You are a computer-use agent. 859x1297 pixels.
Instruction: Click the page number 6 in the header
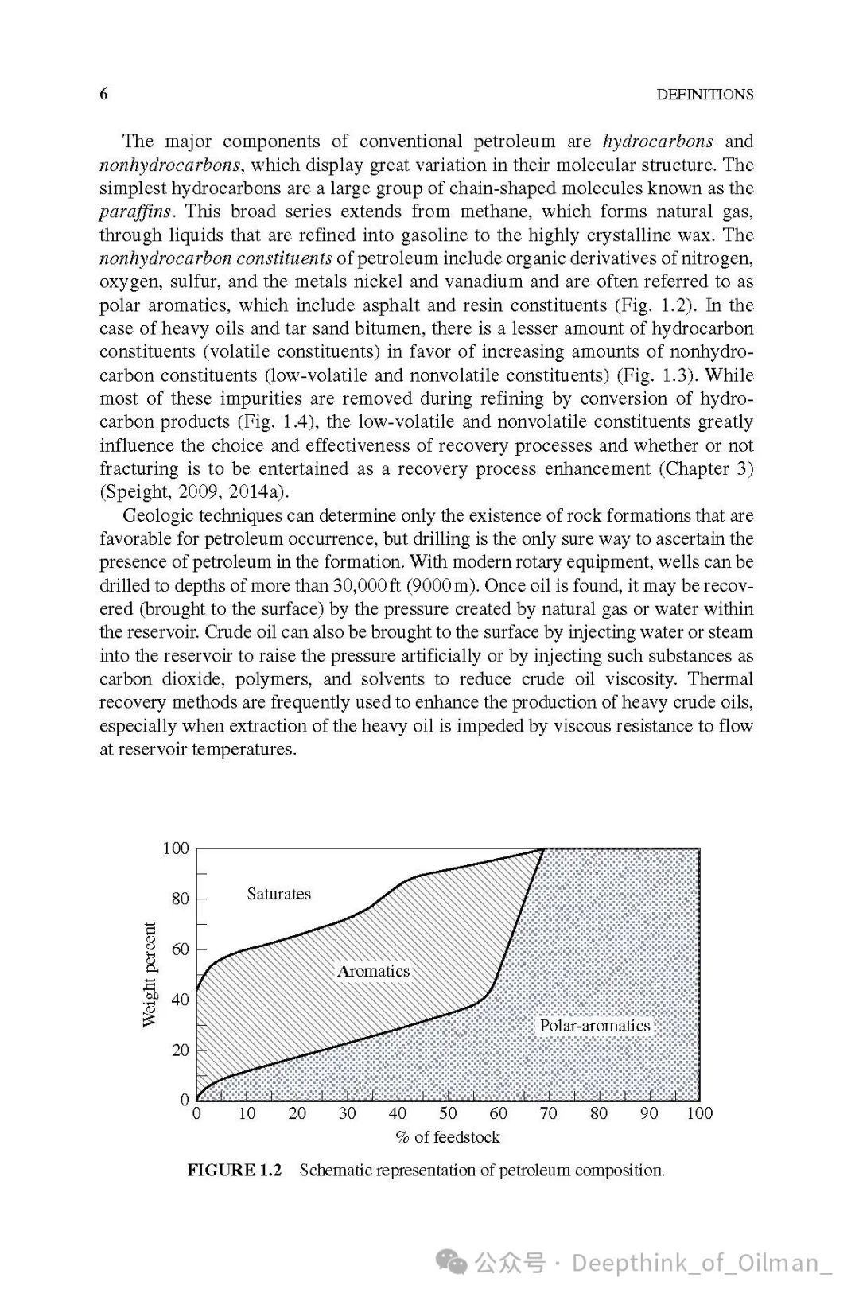click(103, 94)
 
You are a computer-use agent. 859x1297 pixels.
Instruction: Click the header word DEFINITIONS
click(704, 95)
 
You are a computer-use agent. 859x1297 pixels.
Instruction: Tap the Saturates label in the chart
click(278, 894)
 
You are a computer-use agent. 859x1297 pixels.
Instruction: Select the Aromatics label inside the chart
click(373, 971)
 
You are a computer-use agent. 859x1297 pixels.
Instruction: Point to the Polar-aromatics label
click(594, 1026)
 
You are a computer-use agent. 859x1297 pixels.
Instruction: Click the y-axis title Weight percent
click(150, 975)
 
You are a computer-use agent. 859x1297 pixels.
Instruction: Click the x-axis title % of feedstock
click(448, 1138)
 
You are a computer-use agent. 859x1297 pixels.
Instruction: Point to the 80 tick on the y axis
click(181, 899)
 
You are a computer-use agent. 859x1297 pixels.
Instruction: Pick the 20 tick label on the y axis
click(181, 1050)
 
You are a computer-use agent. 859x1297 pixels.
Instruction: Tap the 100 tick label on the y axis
click(176, 848)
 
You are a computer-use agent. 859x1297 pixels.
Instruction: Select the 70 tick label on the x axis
click(549, 1114)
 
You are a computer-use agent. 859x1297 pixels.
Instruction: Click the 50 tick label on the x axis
click(448, 1114)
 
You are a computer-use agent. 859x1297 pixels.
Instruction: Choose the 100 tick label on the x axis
click(699, 1114)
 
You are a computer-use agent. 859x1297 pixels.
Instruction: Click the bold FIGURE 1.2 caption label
click(235, 1171)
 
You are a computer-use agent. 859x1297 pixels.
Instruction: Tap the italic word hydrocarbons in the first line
click(658, 142)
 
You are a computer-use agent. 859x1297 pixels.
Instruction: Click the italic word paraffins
click(135, 212)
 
